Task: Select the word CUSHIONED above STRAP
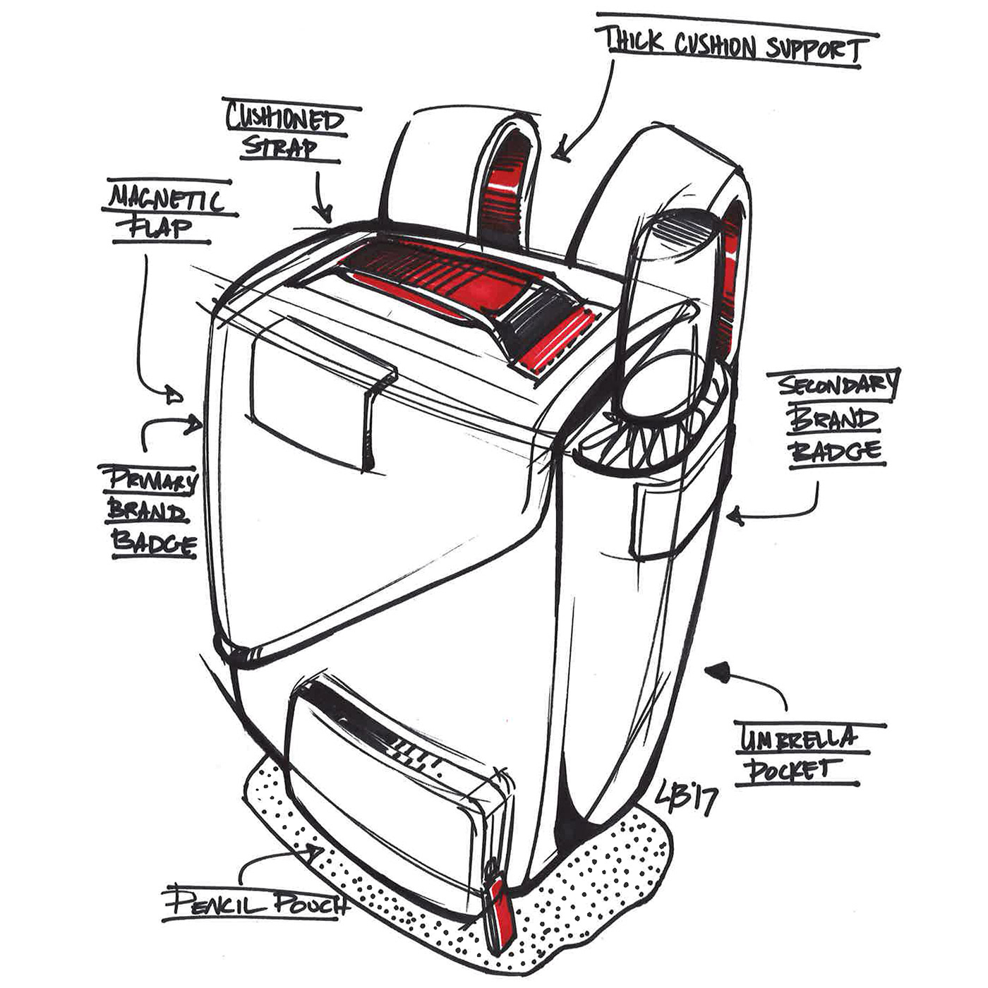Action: tap(284, 119)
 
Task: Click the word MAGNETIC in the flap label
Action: tap(166, 200)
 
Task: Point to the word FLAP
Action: tap(162, 227)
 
